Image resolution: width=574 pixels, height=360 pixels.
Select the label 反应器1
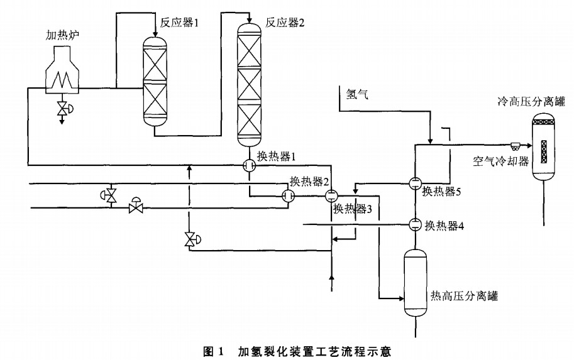point(179,23)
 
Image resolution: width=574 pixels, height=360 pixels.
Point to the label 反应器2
point(284,23)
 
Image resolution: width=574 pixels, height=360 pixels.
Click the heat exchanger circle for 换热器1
point(248,165)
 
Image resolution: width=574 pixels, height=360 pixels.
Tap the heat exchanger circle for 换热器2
point(289,196)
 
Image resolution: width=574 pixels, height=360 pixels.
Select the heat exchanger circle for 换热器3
point(331,195)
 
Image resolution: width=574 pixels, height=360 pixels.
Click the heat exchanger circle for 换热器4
point(415,224)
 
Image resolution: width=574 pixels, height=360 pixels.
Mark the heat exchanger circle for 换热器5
point(415,183)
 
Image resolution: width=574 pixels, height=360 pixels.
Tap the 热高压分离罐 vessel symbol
point(415,283)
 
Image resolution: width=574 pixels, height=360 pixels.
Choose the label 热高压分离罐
point(463,296)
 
